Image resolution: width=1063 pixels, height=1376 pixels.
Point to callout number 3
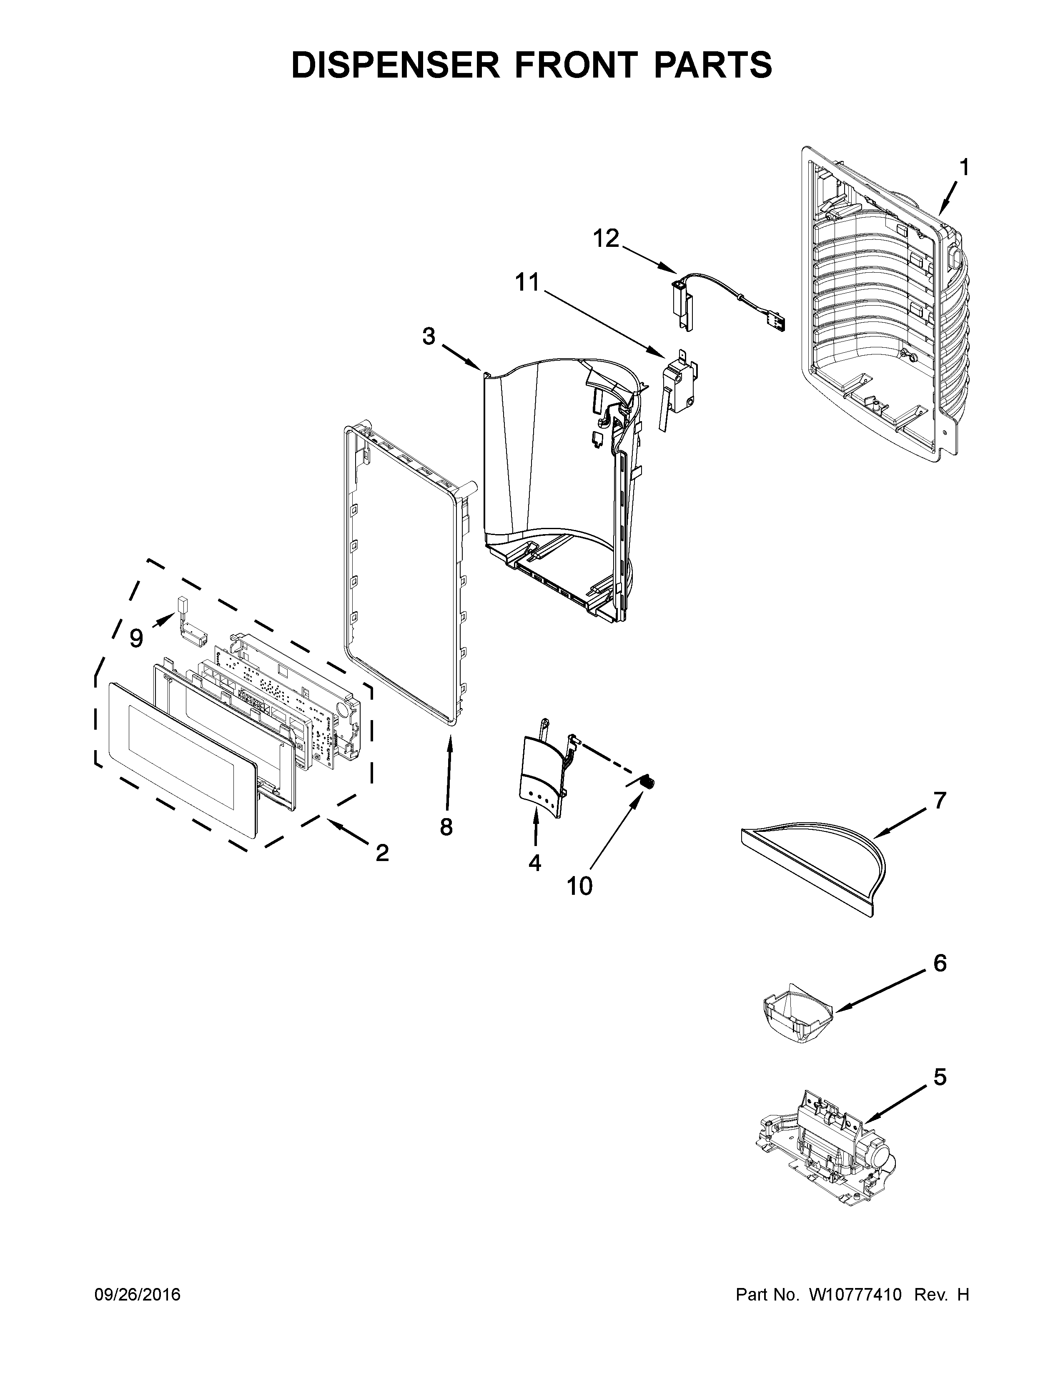(429, 337)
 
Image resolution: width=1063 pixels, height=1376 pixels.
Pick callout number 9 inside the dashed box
(136, 638)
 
